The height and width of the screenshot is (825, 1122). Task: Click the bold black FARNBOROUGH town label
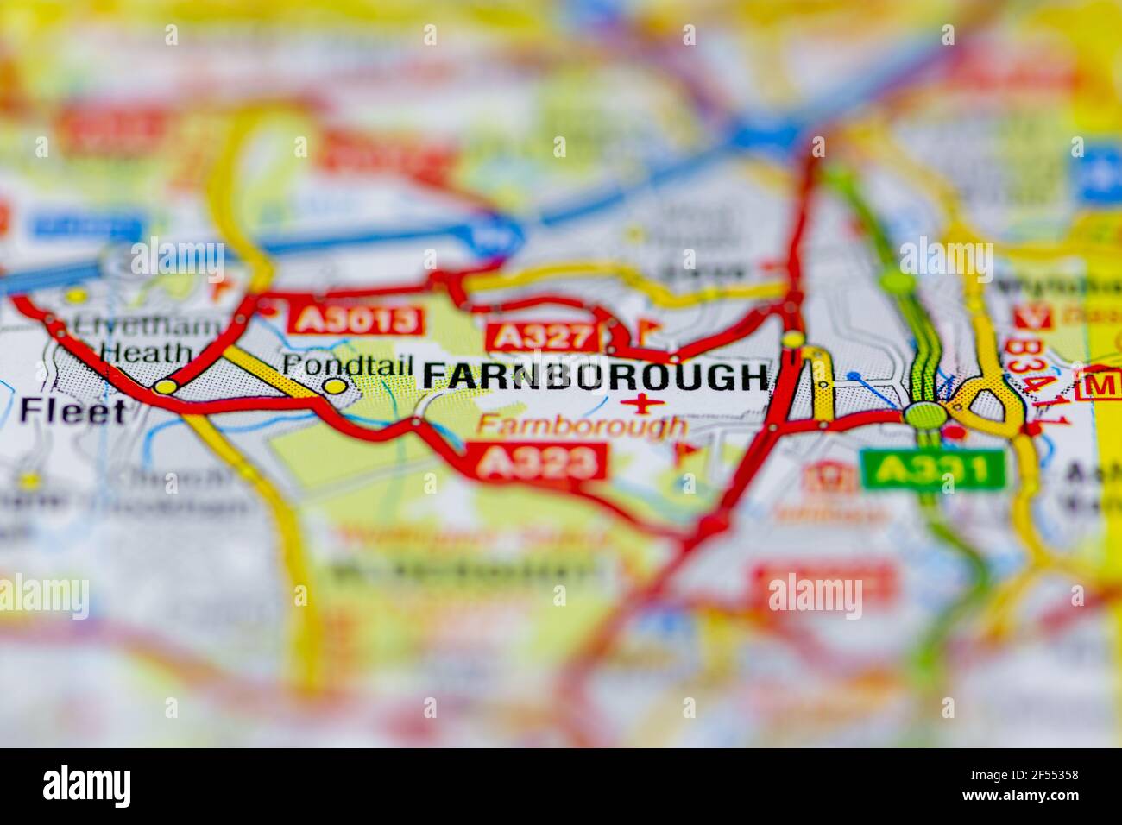[x=595, y=377]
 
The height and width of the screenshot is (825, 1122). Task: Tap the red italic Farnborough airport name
[x=582, y=425]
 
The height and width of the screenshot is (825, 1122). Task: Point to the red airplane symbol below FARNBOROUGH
[x=643, y=402]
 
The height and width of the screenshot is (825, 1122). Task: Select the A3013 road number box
[x=358, y=320]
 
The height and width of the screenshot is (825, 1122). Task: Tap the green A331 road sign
[x=933, y=470]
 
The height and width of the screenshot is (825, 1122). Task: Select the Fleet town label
[x=72, y=411]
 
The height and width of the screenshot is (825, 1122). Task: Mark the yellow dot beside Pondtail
[x=334, y=387]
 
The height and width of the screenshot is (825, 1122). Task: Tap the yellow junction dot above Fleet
[x=164, y=387]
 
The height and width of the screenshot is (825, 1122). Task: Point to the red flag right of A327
[x=647, y=330]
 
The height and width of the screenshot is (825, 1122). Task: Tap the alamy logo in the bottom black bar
[x=87, y=786]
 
